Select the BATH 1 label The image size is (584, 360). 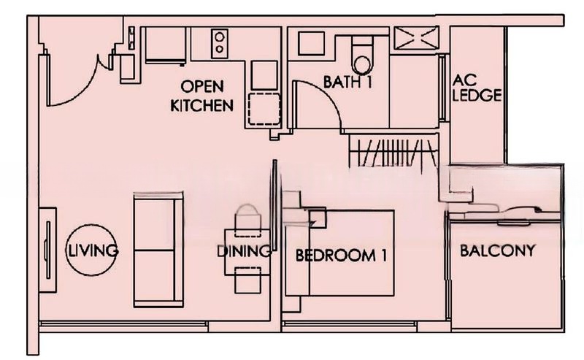click(x=347, y=83)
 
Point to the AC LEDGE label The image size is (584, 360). click(x=477, y=87)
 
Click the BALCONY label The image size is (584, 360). click(x=497, y=251)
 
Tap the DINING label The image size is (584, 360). click(x=245, y=252)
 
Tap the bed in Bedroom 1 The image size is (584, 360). click(x=350, y=252)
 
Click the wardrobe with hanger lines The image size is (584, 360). click(x=394, y=153)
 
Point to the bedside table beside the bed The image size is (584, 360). click(x=315, y=217)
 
